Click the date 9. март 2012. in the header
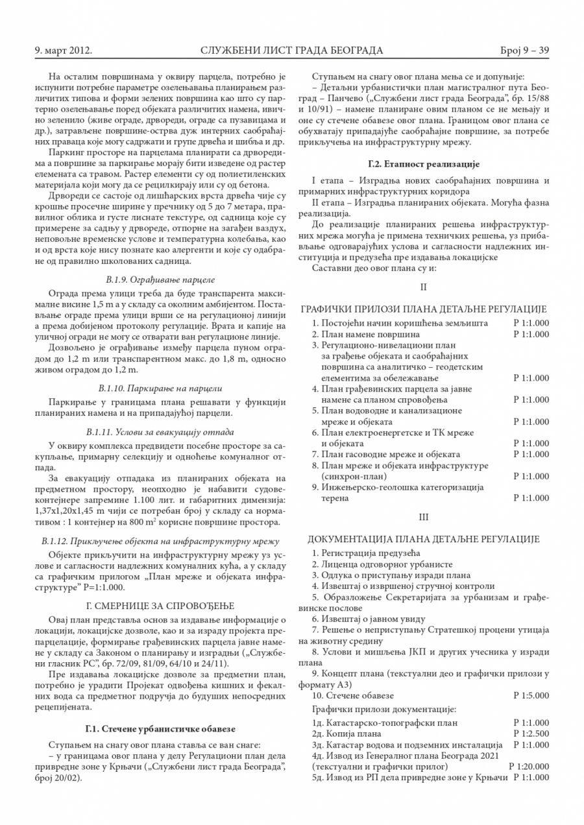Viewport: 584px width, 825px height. pos(64,51)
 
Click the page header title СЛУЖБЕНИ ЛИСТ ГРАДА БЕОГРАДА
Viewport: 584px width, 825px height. pos(292,51)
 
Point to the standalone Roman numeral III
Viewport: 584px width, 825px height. pos(424,517)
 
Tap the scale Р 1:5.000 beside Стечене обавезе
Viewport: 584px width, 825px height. pos(531,695)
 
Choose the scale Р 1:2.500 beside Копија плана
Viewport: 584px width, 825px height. pos(531,734)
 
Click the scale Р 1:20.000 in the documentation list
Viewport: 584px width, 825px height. pos(529,766)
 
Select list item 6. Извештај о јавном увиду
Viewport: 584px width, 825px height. pos(369,619)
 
